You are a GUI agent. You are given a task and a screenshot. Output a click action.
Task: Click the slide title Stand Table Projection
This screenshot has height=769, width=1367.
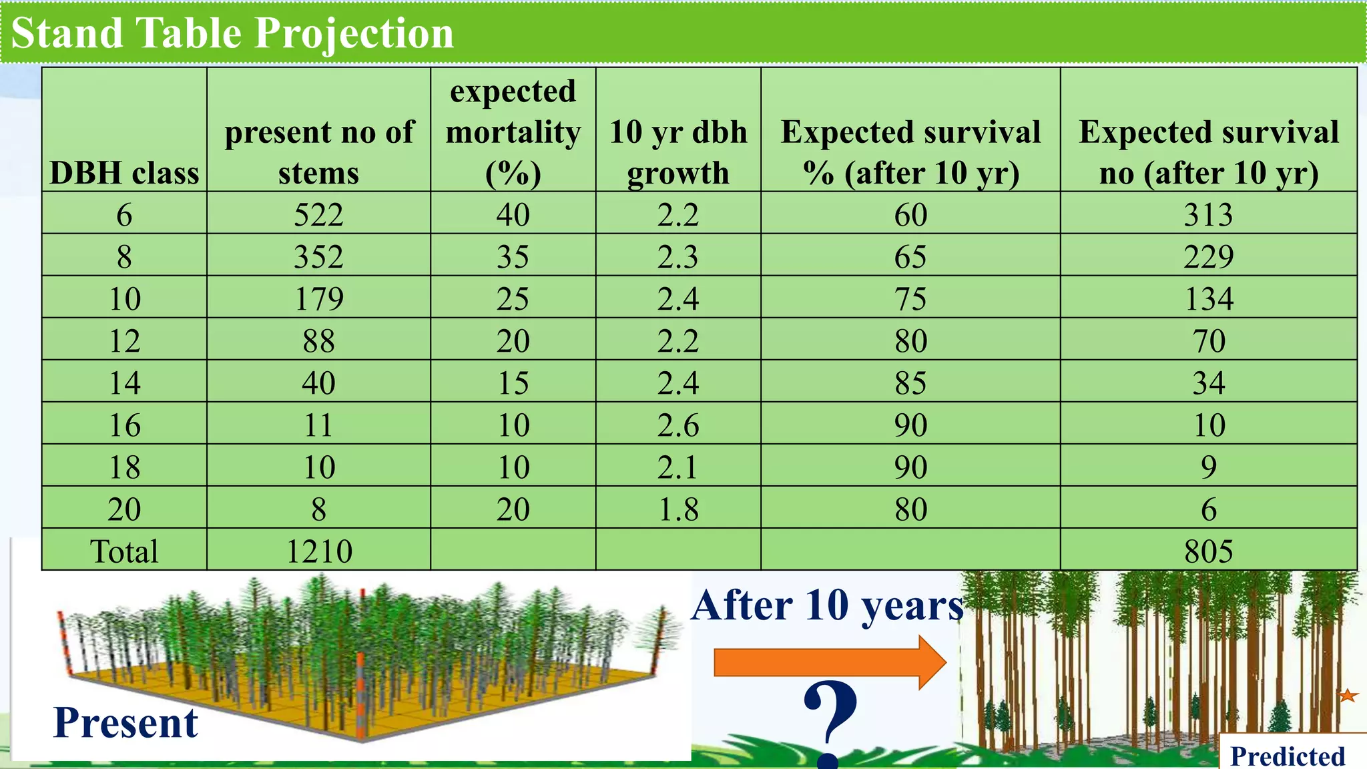coord(232,33)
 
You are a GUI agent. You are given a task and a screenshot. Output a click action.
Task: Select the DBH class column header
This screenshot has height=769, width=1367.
coord(124,173)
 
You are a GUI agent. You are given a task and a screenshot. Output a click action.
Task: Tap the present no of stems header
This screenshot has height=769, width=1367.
coord(318,152)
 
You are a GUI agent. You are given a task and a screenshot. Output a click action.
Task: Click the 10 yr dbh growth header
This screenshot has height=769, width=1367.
coord(677,152)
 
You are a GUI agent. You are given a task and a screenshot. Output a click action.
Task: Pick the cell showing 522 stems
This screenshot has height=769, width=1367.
coord(318,215)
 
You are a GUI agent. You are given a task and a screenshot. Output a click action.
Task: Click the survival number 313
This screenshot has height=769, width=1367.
coord(1208,215)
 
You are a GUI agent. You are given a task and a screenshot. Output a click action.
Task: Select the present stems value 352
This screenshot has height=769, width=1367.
coord(318,257)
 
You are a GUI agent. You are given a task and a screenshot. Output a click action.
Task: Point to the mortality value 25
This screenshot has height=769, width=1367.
coord(513,299)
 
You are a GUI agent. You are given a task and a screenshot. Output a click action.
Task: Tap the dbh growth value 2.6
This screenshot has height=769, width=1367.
coord(677,425)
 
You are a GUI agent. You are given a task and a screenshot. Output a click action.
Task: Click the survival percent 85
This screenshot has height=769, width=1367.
coord(910,383)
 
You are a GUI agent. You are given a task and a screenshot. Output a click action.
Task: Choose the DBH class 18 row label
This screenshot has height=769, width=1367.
coord(124,467)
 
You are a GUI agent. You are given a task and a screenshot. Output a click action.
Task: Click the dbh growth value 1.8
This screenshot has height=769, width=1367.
coord(677,509)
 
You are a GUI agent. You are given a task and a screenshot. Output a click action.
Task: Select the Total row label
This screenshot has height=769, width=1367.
coord(124,551)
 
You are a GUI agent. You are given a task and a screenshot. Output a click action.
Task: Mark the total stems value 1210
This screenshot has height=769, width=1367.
coord(318,551)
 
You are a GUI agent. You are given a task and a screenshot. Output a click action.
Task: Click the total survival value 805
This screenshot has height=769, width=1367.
coord(1208,551)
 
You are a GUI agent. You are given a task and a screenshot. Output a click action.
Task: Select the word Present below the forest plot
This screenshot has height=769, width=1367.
coord(125,723)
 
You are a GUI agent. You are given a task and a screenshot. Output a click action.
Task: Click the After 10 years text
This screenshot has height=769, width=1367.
coord(827,606)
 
